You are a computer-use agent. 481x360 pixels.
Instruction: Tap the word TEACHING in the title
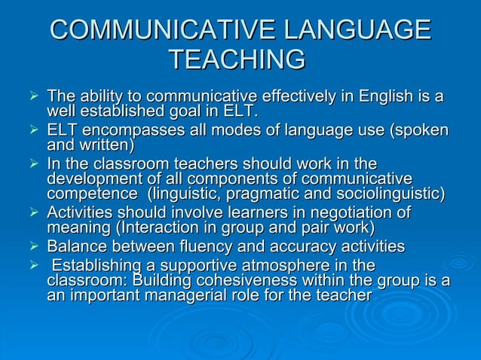237,59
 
